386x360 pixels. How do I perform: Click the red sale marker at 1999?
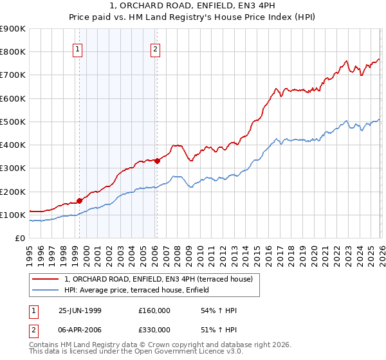click(x=80, y=201)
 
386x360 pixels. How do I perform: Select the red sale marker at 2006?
click(x=157, y=161)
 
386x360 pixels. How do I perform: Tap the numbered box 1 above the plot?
click(x=78, y=48)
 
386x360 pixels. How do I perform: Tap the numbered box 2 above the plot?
click(x=156, y=48)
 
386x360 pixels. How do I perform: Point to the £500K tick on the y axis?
click(x=13, y=122)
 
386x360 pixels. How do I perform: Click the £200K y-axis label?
click(x=13, y=192)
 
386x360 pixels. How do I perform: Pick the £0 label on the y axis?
click(x=19, y=239)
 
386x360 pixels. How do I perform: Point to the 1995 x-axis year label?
click(x=29, y=253)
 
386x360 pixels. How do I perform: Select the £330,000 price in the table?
click(x=154, y=329)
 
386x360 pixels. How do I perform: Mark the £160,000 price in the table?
click(x=154, y=310)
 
